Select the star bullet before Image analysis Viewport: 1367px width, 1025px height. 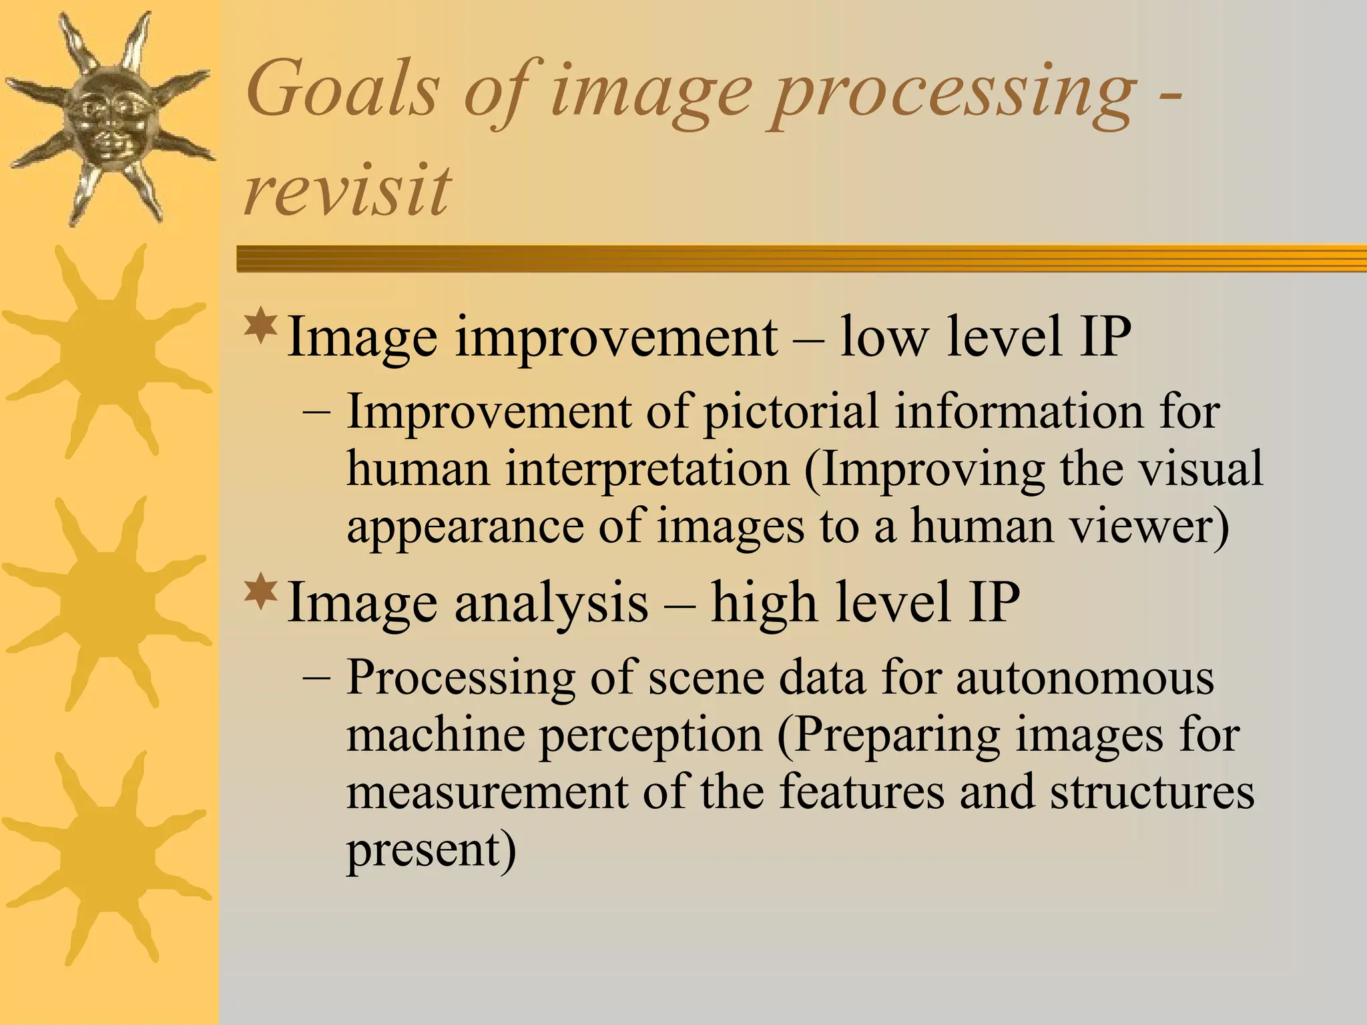point(261,591)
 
